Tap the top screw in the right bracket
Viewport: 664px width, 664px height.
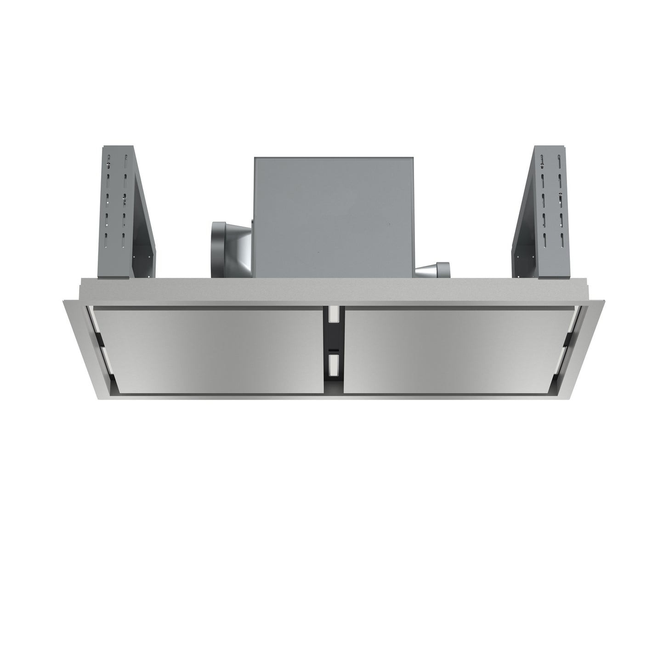click(x=543, y=161)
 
